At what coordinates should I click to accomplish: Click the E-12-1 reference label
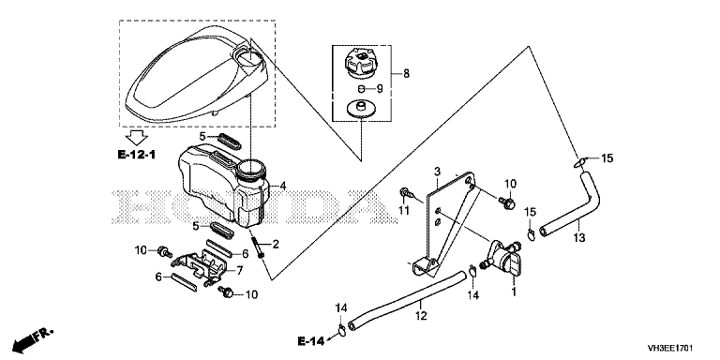point(136,155)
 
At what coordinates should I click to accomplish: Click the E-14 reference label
point(311,341)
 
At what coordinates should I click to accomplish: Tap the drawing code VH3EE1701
point(670,348)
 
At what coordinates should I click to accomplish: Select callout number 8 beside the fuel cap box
point(406,73)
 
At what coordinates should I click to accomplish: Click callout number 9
point(380,88)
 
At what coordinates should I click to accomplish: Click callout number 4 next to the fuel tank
point(283,186)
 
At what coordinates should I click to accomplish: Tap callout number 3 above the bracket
point(437,172)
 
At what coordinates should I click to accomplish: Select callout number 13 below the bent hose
point(579,238)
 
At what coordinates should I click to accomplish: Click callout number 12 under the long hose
point(421,316)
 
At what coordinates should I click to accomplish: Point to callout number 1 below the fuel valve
point(515,292)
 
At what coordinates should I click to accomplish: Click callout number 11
point(404,210)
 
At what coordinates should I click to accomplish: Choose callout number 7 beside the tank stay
point(240,270)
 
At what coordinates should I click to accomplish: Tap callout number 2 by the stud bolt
point(276,245)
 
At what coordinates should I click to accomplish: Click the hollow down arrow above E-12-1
point(136,137)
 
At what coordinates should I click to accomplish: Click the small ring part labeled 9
point(361,89)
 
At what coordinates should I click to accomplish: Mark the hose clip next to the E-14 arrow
point(341,329)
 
